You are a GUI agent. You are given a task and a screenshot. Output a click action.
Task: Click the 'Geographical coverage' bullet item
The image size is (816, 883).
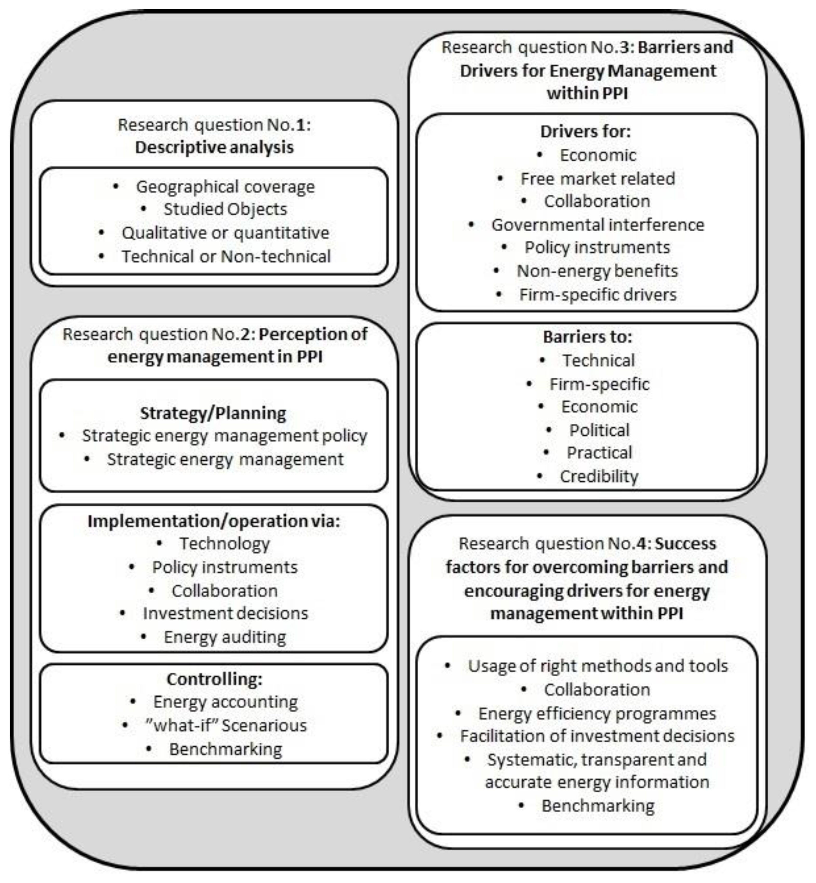225,187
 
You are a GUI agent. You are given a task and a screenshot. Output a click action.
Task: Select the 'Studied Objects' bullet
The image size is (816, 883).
225,209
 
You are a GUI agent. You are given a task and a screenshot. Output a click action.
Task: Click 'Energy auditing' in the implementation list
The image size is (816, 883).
225,637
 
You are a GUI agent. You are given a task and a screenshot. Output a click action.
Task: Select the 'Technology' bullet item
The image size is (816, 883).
224,544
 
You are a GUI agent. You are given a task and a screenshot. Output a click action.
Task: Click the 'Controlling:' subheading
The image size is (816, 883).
214,679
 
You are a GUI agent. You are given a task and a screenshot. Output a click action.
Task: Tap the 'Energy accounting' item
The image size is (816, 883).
225,702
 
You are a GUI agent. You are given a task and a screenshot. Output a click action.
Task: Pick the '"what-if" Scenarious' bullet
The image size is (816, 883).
226,725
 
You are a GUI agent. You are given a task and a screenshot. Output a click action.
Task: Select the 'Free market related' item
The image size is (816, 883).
597,179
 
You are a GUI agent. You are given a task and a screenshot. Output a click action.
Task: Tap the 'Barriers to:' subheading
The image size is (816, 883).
587,337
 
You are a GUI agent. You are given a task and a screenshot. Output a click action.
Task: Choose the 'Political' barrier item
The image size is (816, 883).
599,430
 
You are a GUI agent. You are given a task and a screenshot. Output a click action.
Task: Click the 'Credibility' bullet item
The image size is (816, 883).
599,477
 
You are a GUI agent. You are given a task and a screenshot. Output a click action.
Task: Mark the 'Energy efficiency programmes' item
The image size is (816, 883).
597,714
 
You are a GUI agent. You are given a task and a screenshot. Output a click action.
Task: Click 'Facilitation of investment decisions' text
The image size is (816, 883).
597,736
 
